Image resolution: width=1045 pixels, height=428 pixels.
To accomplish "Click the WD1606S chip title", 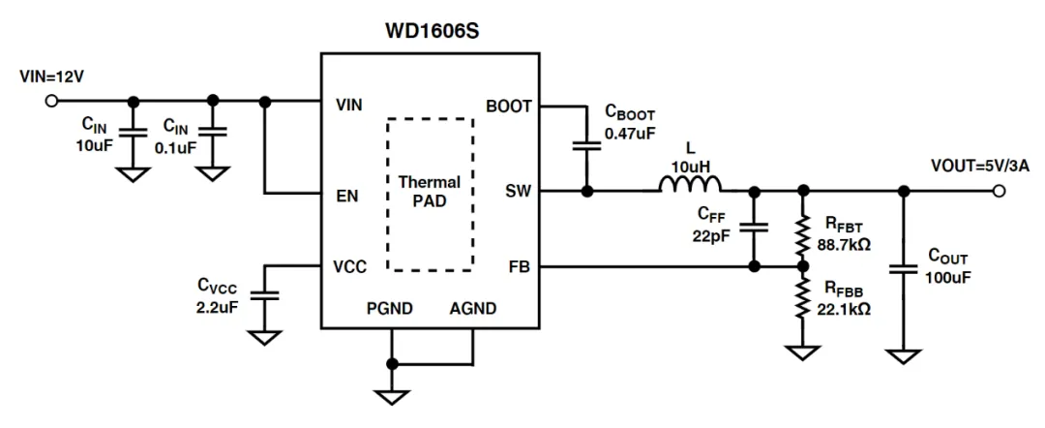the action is pyautogui.click(x=432, y=31).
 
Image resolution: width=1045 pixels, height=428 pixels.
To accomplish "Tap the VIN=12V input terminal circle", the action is pyautogui.click(x=50, y=102).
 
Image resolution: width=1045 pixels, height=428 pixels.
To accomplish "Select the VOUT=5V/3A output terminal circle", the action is pyautogui.click(x=998, y=192).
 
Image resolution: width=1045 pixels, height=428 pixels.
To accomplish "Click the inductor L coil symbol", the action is pyautogui.click(x=691, y=184).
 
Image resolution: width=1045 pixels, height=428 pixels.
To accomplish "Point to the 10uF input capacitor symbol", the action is pyautogui.click(x=134, y=131).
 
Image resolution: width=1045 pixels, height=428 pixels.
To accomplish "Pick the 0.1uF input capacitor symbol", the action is pyautogui.click(x=213, y=131).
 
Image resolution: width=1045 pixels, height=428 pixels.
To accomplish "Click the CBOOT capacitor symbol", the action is pyautogui.click(x=586, y=146).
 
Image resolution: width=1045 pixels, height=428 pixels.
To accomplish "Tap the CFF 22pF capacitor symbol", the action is pyautogui.click(x=755, y=228).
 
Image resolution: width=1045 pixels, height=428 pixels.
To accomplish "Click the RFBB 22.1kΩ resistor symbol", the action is pyautogui.click(x=802, y=298).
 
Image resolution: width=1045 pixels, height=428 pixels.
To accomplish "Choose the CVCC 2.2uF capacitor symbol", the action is pyautogui.click(x=265, y=294).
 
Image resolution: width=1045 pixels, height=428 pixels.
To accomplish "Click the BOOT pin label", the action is pyautogui.click(x=509, y=106).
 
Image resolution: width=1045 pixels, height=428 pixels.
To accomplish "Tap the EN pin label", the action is pyautogui.click(x=347, y=196).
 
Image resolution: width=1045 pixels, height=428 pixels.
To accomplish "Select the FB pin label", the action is pyautogui.click(x=520, y=267).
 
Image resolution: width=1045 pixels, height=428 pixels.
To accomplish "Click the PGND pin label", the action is pyautogui.click(x=389, y=309).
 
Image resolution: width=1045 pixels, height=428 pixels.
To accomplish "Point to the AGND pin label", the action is pyautogui.click(x=472, y=309).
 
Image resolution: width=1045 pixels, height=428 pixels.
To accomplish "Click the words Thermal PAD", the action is pyautogui.click(x=430, y=192).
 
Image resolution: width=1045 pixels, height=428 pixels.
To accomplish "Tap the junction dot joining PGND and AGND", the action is pyautogui.click(x=392, y=364).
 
